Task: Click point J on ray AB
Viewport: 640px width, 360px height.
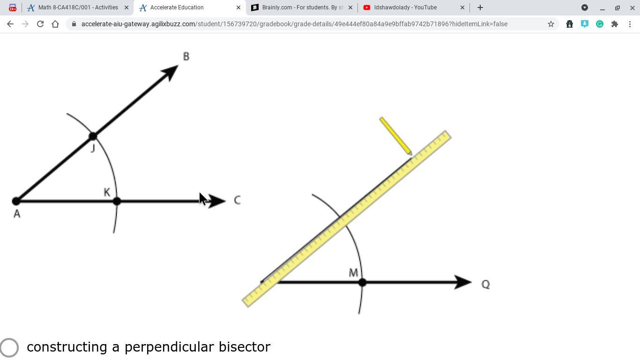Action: click(93, 136)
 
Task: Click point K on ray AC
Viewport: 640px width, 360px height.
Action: click(117, 201)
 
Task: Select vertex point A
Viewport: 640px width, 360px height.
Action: click(16, 201)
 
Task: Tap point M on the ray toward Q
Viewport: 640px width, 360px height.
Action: click(362, 282)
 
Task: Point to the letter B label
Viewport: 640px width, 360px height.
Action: click(186, 57)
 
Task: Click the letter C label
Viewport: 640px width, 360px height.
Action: click(237, 201)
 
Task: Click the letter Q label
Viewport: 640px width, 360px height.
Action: click(485, 285)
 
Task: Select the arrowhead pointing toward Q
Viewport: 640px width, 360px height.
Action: click(463, 282)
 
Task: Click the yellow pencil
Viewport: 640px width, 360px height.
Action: click(395, 135)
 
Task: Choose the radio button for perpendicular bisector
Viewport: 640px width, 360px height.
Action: click(9, 347)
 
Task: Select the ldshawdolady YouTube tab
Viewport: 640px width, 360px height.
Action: click(405, 7)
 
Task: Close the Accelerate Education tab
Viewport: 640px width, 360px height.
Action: click(238, 7)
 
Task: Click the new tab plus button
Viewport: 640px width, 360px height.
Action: click(480, 7)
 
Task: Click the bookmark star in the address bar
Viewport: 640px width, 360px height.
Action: click(551, 24)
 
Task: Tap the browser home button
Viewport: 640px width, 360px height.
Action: click(55, 24)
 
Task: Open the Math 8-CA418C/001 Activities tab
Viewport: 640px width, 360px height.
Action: click(78, 7)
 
